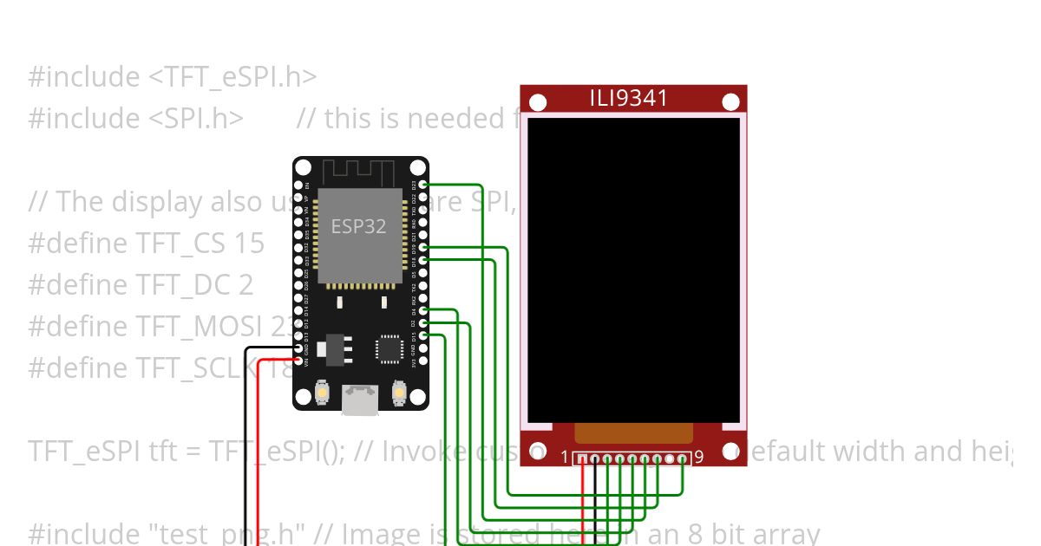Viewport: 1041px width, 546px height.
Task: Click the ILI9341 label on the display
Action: click(629, 98)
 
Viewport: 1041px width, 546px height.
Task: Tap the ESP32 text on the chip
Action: click(358, 226)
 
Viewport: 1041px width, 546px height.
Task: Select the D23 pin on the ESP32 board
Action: click(422, 185)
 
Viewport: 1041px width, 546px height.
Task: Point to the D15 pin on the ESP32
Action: click(422, 335)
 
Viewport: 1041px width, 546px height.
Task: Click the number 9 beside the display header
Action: click(698, 457)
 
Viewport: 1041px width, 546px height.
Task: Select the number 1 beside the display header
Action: click(565, 457)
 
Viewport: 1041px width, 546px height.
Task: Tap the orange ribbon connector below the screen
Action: click(634, 433)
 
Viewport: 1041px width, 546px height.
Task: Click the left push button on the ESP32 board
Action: click(322, 393)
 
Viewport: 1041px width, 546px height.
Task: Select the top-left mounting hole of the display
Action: click(538, 103)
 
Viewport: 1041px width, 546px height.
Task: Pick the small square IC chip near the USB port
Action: click(389, 348)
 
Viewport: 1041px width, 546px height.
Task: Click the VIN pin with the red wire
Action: click(298, 360)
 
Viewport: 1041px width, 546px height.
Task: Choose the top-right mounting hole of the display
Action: click(730, 103)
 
